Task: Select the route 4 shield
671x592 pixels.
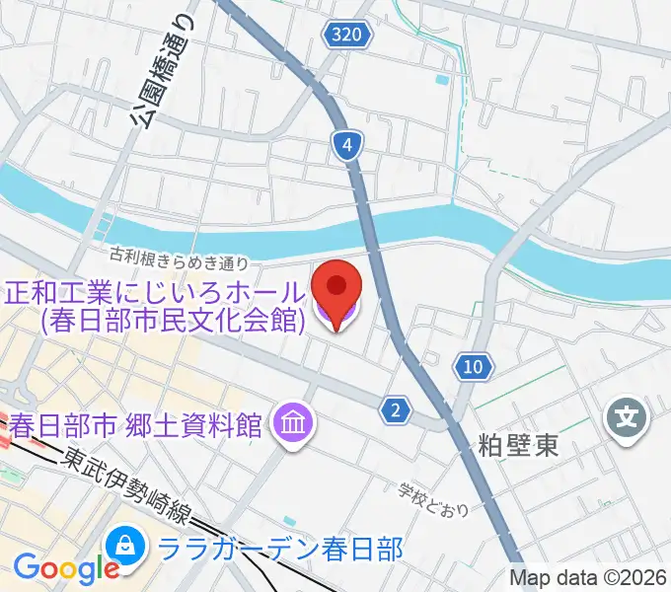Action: pos(346,147)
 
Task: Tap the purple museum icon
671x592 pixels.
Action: pos(295,424)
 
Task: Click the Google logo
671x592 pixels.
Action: pos(66,568)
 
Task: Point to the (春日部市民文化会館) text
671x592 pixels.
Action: pos(170,320)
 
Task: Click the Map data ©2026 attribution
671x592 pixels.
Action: pos(588,578)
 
